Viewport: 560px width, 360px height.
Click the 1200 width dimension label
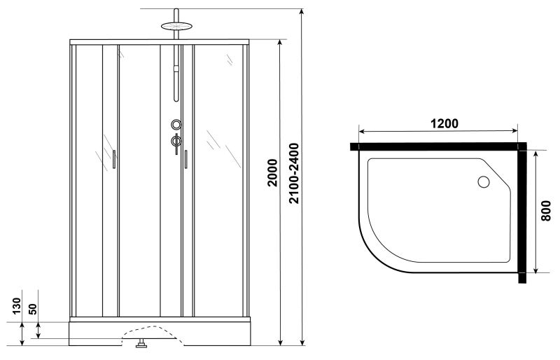pyautogui.click(x=444, y=124)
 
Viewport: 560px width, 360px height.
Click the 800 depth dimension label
pyautogui.click(x=546, y=211)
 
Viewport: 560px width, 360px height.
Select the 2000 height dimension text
pyautogui.click(x=272, y=173)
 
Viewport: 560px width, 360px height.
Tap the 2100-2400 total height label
pyautogui.click(x=294, y=174)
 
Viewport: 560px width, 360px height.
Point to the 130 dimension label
pyautogui.click(x=17, y=306)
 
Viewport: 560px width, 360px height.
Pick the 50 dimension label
pyautogui.click(x=32, y=309)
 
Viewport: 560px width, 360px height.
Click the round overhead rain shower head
pyautogui.click(x=176, y=26)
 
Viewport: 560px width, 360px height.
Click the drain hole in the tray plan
pyautogui.click(x=484, y=182)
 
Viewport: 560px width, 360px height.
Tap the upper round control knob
pyautogui.click(x=176, y=125)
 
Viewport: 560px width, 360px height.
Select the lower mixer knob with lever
pyautogui.click(x=176, y=142)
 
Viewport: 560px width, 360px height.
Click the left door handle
pyautogui.click(x=114, y=159)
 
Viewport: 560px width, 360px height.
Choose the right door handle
pyautogui.click(x=185, y=159)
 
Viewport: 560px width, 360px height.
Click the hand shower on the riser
pyautogui.click(x=176, y=83)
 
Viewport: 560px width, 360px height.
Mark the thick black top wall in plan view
pyautogui.click(x=438, y=146)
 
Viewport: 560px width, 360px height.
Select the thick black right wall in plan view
pyautogui.click(x=522, y=213)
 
